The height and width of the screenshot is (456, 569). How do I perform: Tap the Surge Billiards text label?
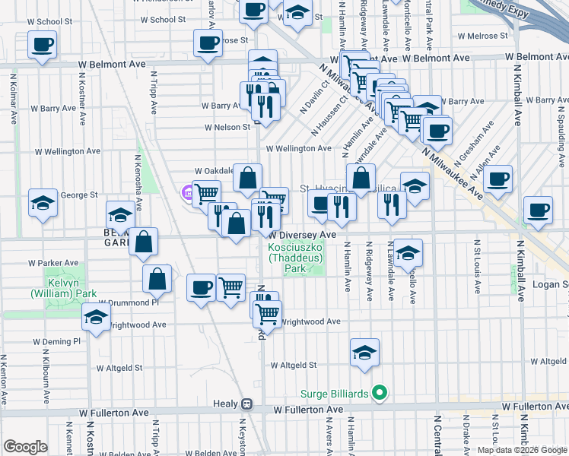coord(335,393)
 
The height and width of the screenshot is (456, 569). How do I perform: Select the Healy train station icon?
coord(246,404)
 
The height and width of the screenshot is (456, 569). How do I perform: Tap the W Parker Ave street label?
coord(53,263)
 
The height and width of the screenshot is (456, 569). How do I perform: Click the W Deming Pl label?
coord(56,342)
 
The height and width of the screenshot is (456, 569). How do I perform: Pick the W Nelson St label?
coord(226,127)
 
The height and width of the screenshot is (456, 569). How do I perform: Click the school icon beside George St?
coord(43,203)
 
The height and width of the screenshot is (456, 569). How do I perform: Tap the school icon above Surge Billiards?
coord(364,353)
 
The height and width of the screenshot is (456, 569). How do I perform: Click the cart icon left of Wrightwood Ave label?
coord(267,312)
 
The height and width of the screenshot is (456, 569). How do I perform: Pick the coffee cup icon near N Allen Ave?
coord(497,179)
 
